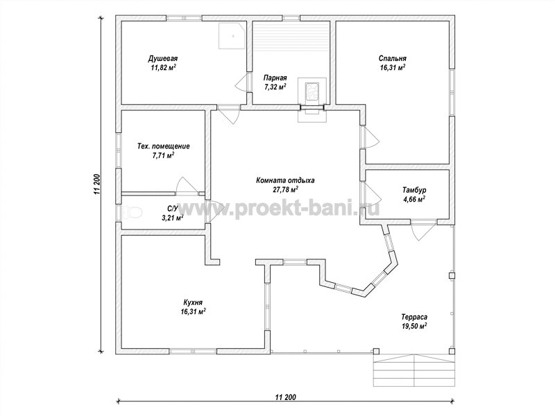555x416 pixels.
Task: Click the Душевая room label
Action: pos(163,58)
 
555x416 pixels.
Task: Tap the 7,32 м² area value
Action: pos(275,87)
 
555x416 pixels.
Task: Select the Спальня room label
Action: pos(393,58)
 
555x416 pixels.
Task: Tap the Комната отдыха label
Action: pos(285,180)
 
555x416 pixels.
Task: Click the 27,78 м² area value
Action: pos(285,189)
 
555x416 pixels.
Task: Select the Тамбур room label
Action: pos(414,190)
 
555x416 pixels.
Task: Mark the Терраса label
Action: pos(414,317)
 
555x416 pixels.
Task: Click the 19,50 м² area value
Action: pos(414,326)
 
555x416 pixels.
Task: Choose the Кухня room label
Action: pos(193,302)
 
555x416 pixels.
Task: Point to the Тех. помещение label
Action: pos(163,146)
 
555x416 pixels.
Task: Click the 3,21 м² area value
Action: pos(172,218)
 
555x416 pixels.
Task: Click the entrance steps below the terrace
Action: pos(413,371)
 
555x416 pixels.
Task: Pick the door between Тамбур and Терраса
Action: pos(423,230)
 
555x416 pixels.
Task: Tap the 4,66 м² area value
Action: pos(414,199)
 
